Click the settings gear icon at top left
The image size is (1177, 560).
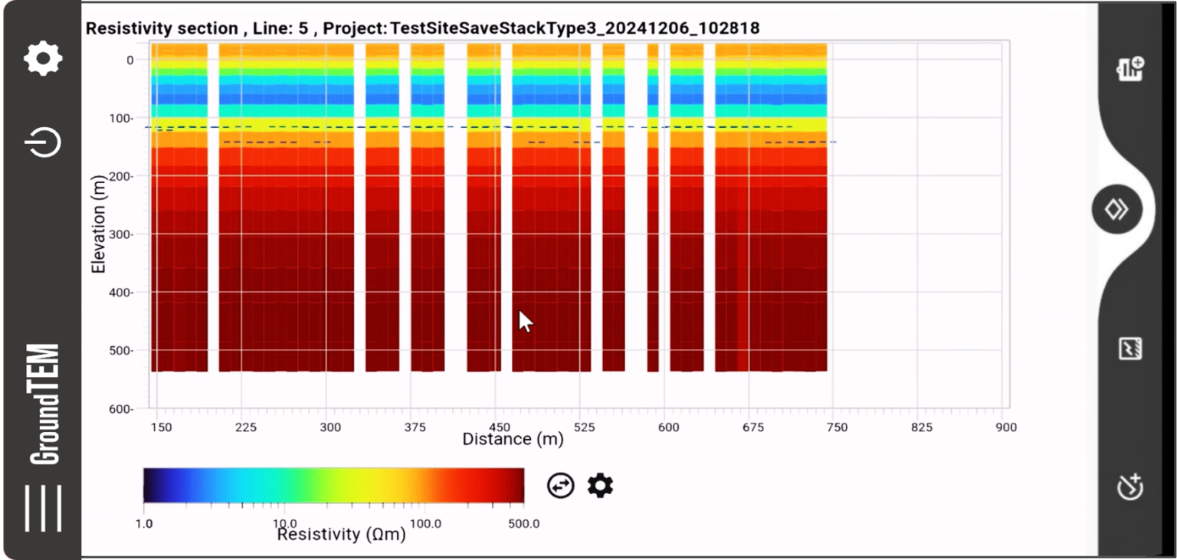tap(43, 58)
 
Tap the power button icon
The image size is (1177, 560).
tap(44, 142)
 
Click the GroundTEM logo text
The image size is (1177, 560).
tap(44, 404)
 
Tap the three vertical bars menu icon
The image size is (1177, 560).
tap(43, 508)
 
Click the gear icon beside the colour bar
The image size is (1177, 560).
tap(600, 485)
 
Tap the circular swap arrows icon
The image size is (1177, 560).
tap(560, 485)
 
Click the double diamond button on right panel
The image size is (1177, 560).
tap(1116, 209)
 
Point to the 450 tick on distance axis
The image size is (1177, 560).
tap(498, 427)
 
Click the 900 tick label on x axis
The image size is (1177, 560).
tap(1005, 427)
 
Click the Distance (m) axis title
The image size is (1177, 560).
tap(513, 440)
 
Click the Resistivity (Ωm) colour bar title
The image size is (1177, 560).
tap(341, 534)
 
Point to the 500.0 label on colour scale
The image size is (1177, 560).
tap(523, 524)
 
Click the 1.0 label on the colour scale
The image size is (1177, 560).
tap(144, 524)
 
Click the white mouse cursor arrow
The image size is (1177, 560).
tap(524, 320)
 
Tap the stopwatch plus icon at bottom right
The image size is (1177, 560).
tap(1129, 486)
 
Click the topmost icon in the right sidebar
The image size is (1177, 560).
tap(1129, 68)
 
